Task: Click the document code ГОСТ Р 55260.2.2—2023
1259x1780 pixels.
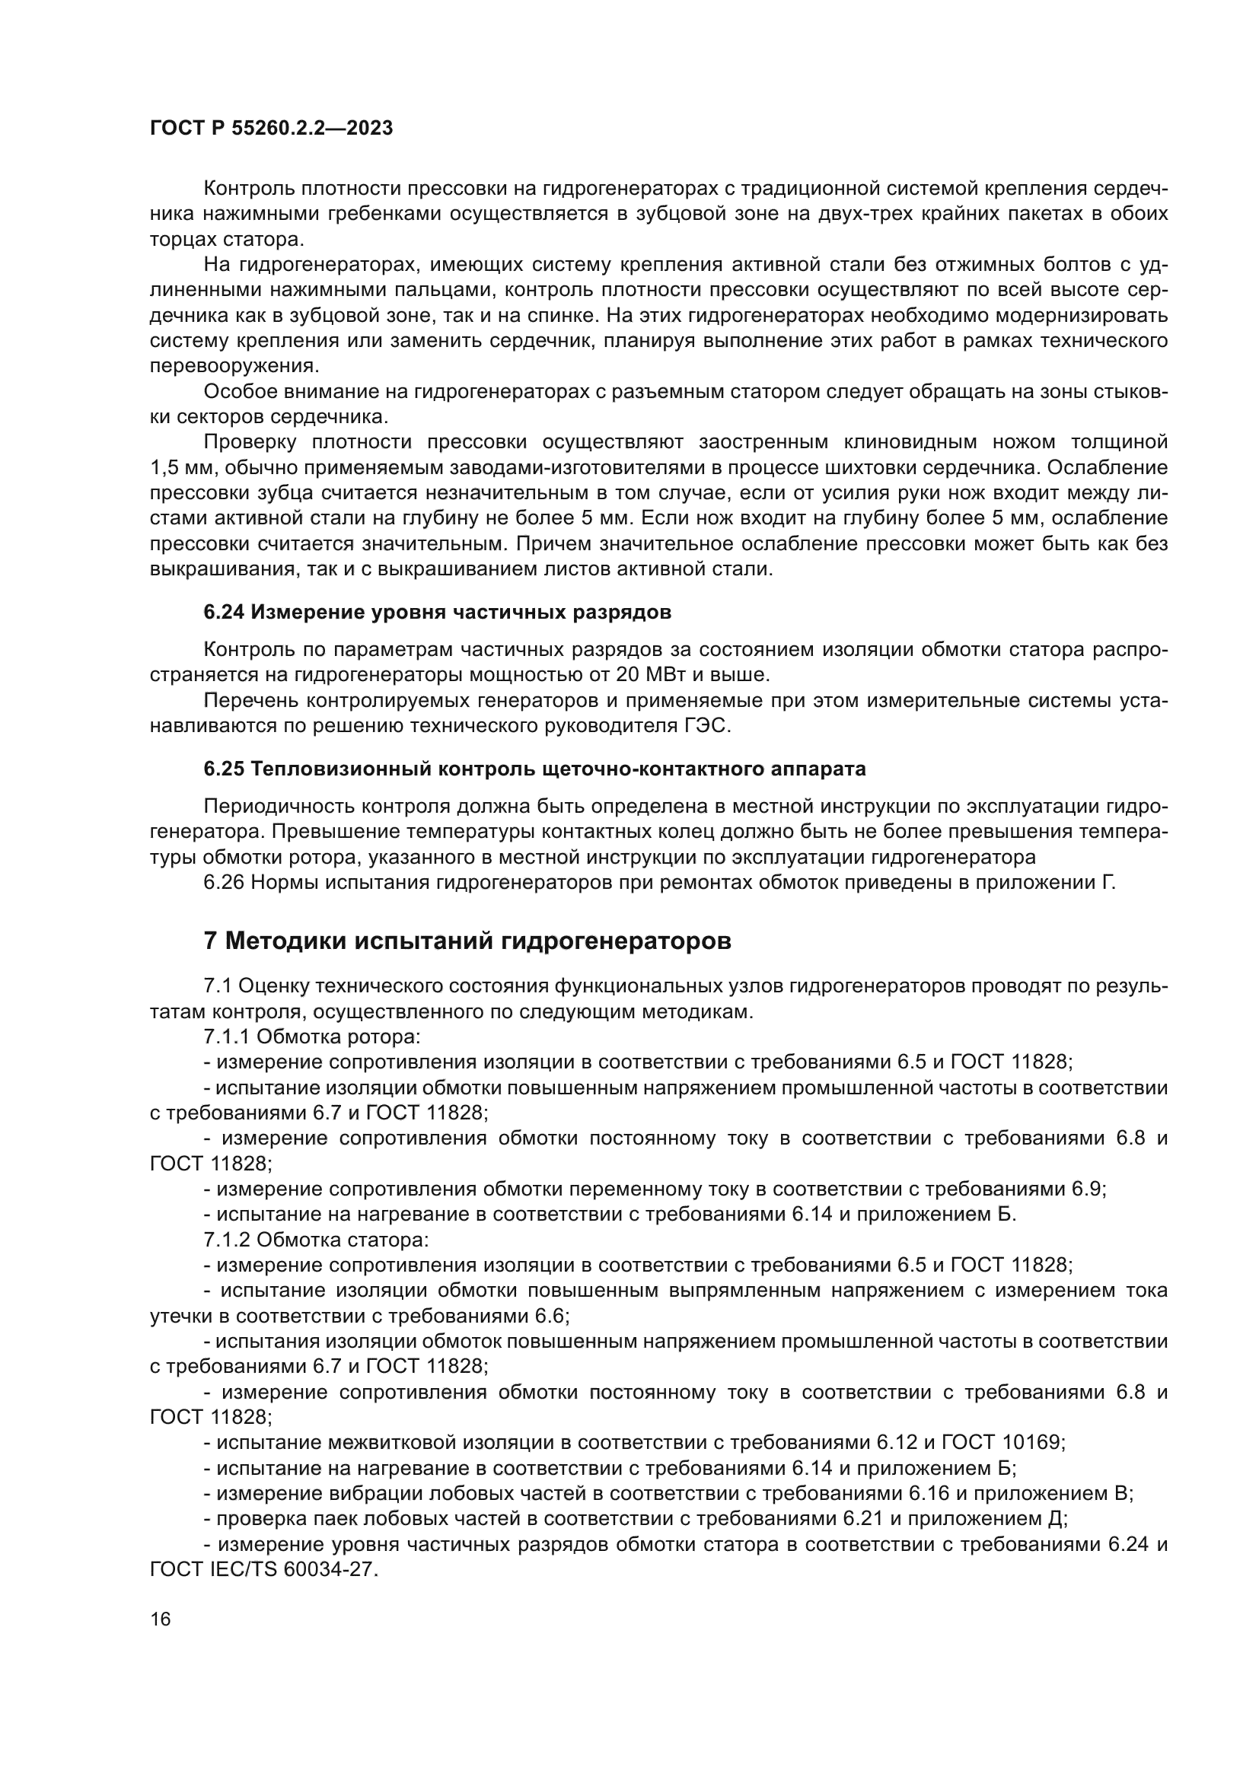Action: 271,129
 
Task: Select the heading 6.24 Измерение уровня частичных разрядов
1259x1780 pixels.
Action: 437,613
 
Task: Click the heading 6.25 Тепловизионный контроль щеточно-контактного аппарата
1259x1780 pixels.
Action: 534,769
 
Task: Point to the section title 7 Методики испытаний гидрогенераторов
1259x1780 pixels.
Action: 467,941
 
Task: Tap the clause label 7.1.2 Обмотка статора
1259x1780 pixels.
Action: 316,1239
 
